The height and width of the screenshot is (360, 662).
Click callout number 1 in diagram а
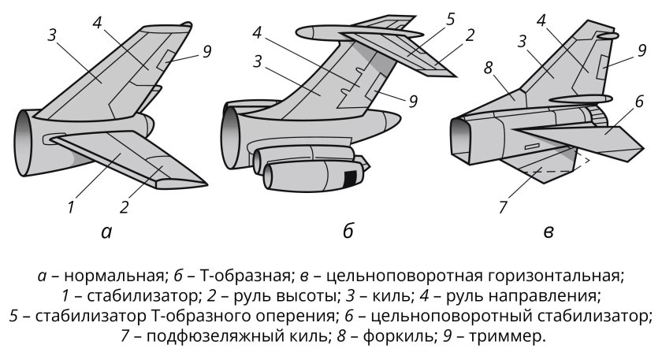coord(71,208)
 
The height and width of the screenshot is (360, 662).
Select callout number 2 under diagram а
coord(125,208)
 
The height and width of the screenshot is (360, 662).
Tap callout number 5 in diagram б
coord(450,18)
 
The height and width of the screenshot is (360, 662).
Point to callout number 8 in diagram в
coord(489,69)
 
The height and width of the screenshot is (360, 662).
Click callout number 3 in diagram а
coord(52,34)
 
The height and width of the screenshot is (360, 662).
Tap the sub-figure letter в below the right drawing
coord(549,232)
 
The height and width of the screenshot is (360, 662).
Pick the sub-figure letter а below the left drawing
coord(106,232)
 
